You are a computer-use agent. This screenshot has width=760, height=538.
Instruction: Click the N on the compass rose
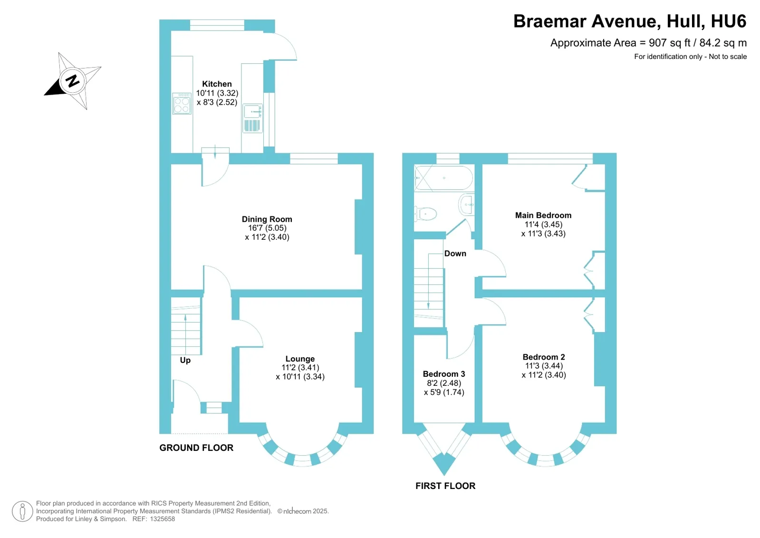[x=73, y=80]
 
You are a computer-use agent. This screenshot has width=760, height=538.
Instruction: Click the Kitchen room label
[x=217, y=84]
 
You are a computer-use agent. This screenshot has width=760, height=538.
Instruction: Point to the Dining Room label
[x=267, y=219]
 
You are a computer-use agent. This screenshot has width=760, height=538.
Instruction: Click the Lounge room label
[x=300, y=359]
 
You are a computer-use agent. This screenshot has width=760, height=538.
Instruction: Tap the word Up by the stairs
[x=185, y=360]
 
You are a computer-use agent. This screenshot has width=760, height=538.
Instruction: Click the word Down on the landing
[x=455, y=254]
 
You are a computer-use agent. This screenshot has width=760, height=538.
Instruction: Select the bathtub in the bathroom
[x=443, y=178]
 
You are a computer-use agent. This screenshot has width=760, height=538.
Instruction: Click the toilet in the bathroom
[x=426, y=214]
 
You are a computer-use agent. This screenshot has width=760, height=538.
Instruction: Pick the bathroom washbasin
[x=467, y=205]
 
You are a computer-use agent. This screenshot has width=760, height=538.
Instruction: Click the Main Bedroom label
[x=543, y=215]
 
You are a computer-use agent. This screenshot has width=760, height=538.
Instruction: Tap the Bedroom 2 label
[x=543, y=357]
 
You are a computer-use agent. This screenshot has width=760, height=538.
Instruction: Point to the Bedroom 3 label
[x=443, y=374]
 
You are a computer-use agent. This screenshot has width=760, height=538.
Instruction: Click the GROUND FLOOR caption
[x=196, y=448]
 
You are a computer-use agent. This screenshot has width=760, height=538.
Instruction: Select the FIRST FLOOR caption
[x=445, y=486]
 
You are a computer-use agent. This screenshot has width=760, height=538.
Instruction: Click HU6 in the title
[x=728, y=21]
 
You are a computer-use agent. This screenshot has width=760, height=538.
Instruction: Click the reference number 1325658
[x=162, y=519]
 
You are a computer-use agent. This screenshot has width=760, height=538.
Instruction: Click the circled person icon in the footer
[x=22, y=511]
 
